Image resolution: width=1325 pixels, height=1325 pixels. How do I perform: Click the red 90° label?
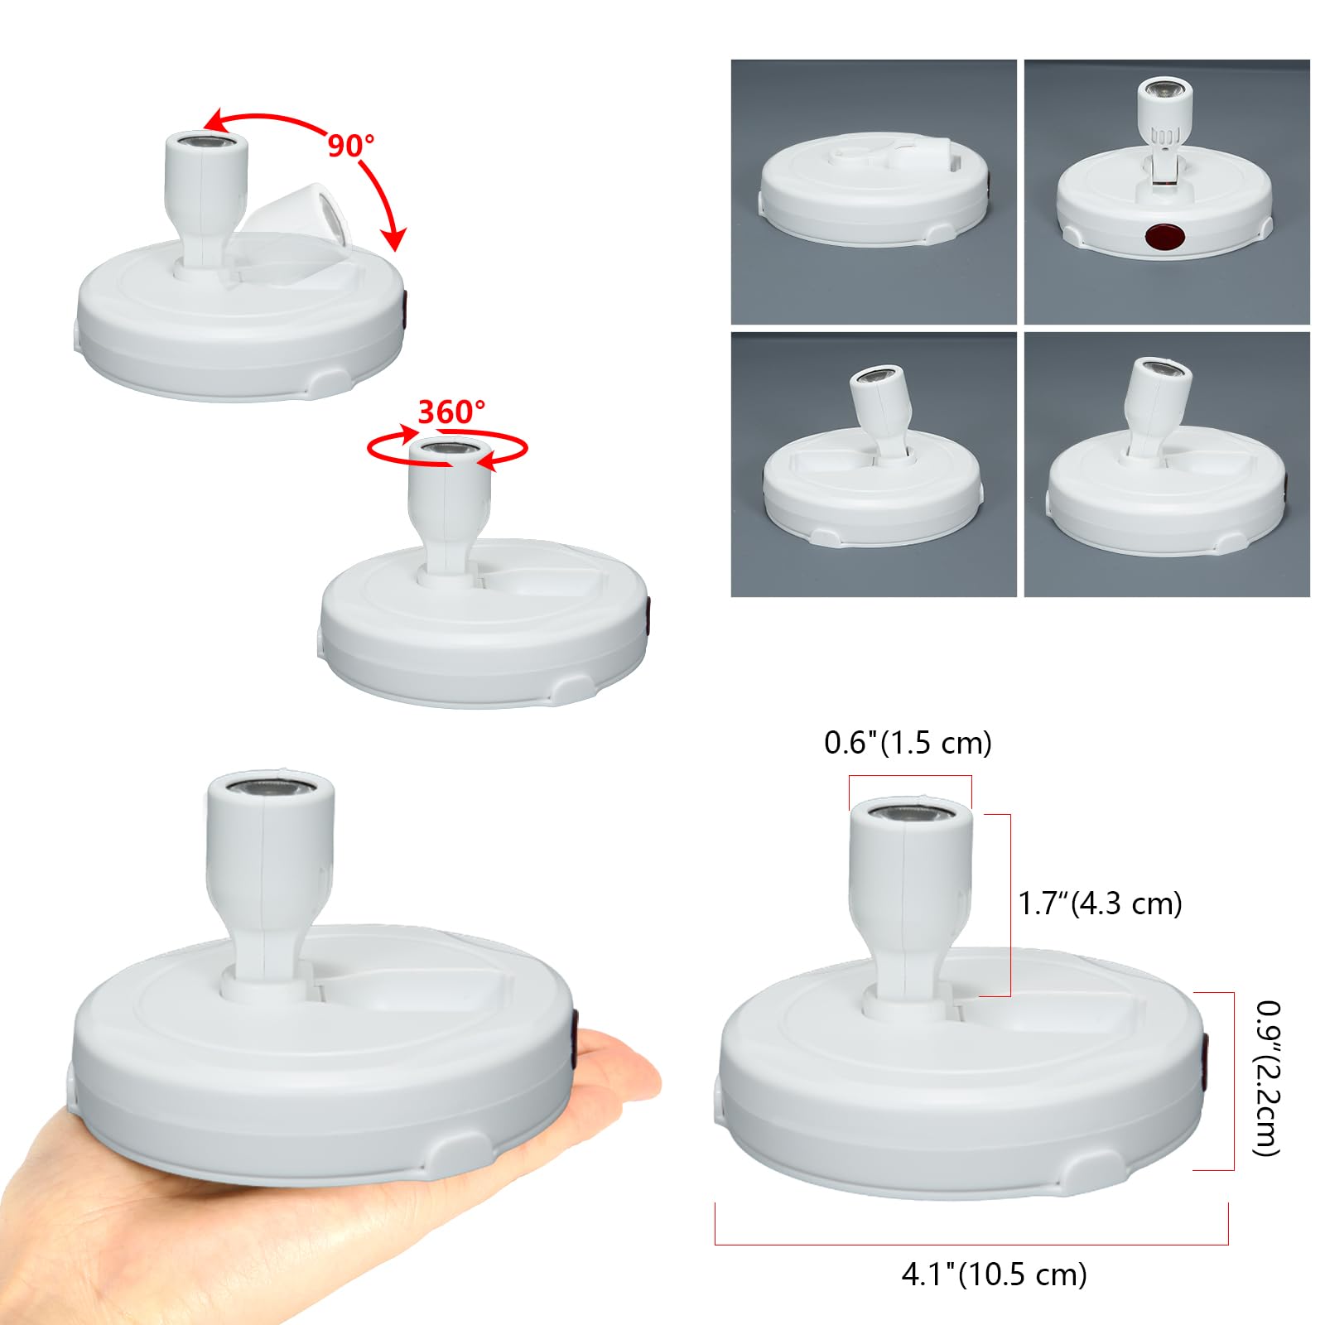351,145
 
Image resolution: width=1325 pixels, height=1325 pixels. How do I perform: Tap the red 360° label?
451,411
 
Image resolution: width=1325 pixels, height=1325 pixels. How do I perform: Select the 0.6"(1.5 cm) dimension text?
908,742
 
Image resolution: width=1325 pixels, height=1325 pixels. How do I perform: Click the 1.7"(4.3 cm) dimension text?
1100,903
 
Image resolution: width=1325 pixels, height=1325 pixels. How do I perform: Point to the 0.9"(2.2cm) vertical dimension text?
1268,1077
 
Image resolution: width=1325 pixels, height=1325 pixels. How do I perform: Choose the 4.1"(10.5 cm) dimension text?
994,1274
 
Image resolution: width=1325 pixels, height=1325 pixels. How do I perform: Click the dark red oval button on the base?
1164,237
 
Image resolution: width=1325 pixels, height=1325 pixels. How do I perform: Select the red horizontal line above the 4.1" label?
971,1244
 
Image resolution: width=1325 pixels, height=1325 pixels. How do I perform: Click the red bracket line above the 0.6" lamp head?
910,776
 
